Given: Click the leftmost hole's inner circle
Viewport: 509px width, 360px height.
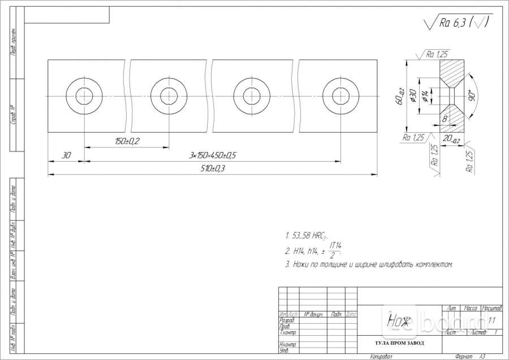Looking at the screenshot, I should coord(84,96).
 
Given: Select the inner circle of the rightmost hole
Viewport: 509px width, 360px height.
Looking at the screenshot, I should coord(340,96).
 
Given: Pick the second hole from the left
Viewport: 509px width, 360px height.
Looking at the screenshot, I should coord(169,96).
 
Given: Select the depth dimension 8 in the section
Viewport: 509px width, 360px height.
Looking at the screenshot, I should coord(445,119).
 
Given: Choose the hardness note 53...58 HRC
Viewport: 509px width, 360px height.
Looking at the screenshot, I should coord(308,236).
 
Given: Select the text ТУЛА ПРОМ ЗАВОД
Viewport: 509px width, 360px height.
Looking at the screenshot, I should coord(399,344).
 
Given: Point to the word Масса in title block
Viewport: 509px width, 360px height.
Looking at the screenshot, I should coord(471,309).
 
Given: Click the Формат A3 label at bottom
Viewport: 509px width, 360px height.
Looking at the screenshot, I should coord(469,357).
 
